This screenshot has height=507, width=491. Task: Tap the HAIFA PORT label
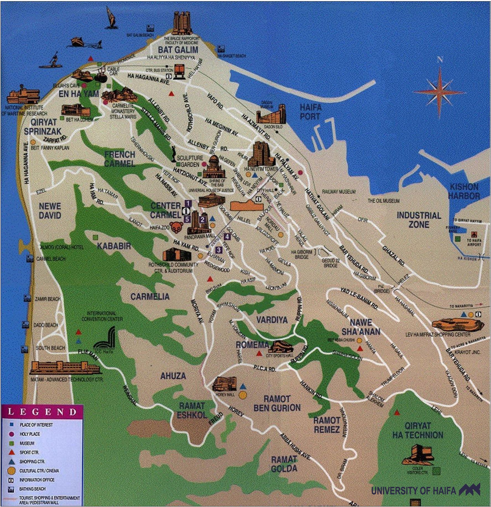coord(310,112)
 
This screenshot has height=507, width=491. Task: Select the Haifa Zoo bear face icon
coord(176,227)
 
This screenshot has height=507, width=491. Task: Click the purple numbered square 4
coord(227,236)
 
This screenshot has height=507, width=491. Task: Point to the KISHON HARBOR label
coord(464,191)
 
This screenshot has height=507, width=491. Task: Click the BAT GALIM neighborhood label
coord(178,50)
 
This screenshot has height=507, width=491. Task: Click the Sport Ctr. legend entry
coord(29,452)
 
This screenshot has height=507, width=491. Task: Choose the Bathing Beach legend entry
coord(32,489)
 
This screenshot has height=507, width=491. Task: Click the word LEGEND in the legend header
coord(42,412)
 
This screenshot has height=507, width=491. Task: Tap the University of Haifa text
coord(413,491)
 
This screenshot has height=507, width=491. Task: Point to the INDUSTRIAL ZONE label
coord(419,220)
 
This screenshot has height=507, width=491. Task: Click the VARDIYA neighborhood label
coord(272,320)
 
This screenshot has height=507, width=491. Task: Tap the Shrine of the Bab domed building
coord(214,167)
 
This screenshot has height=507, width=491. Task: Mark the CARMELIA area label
coord(150,297)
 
